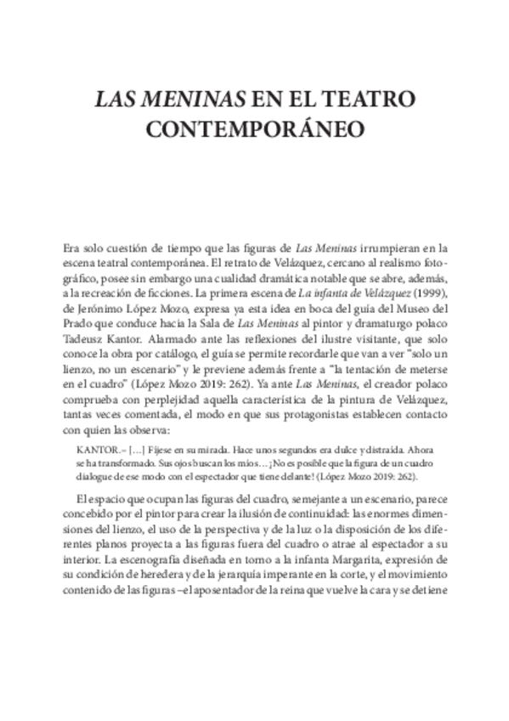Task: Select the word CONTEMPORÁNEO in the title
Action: [255, 130]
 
